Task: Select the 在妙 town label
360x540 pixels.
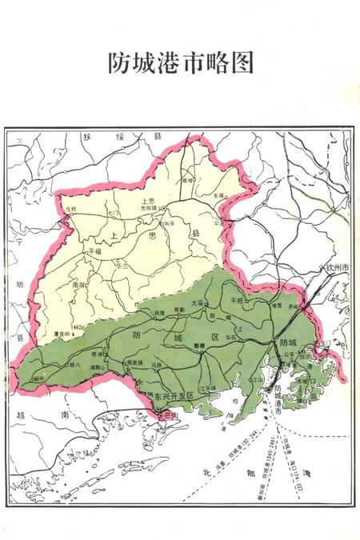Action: point(71,209)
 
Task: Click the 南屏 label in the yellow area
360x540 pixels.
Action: point(78,283)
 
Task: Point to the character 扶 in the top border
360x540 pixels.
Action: point(86,138)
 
